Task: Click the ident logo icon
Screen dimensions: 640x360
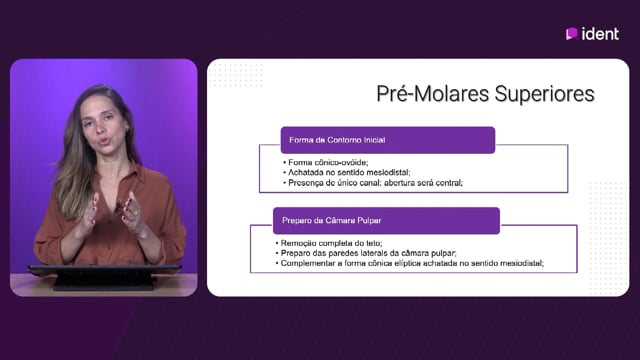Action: (571, 33)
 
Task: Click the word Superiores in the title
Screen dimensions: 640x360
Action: (544, 94)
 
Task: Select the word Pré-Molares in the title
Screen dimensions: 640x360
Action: (433, 93)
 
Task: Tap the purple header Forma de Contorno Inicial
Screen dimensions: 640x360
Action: (388, 140)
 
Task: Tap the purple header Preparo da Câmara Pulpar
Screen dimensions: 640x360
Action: (386, 220)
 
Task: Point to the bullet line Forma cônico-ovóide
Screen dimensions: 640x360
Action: (326, 162)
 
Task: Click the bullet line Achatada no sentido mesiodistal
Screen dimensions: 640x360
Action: (347, 173)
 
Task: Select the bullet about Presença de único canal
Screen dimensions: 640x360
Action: (373, 183)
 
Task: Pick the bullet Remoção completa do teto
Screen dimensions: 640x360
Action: (329, 243)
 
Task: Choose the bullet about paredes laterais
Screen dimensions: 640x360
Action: (366, 253)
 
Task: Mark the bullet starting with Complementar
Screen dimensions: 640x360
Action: (410, 263)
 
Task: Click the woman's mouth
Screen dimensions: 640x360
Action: (103, 142)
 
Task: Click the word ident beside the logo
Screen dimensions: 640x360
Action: (600, 34)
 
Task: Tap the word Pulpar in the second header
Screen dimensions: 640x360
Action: (369, 220)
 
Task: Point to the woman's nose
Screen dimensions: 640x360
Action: (99, 128)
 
